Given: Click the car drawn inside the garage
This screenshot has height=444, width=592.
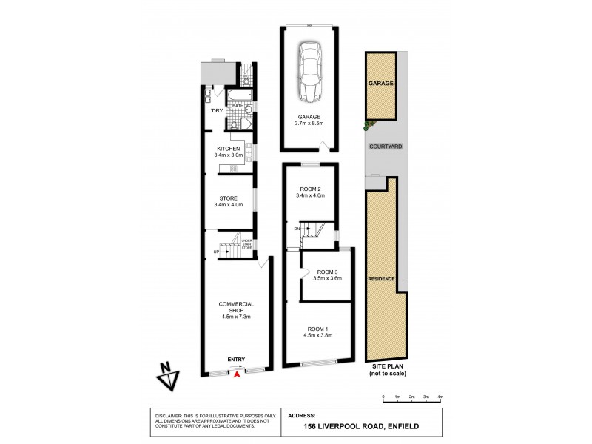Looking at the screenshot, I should (x=309, y=72).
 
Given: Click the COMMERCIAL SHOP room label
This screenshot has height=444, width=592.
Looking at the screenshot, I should (x=237, y=311).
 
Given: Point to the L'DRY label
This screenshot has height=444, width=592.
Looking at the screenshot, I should (x=215, y=110).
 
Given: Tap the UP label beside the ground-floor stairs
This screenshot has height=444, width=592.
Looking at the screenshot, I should (x=216, y=252).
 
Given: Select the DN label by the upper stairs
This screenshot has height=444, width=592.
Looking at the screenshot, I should (x=297, y=229).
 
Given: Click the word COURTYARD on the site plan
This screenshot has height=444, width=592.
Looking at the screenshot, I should (x=386, y=147).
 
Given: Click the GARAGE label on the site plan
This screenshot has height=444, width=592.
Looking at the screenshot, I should (x=380, y=84).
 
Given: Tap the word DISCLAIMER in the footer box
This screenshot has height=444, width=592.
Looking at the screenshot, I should (x=168, y=417).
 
